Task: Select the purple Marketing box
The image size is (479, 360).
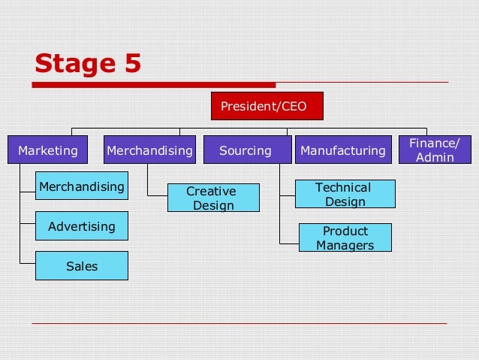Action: tap(48, 150)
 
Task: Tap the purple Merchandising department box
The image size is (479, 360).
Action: tap(149, 150)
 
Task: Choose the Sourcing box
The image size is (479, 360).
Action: tap(246, 150)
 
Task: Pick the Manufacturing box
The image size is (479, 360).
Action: tap(343, 150)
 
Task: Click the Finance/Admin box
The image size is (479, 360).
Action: tap(435, 150)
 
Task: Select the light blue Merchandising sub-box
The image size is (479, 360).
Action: tap(82, 186)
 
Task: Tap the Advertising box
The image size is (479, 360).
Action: tap(82, 225)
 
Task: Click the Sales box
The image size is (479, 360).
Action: tap(82, 266)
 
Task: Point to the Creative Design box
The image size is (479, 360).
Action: tap(212, 198)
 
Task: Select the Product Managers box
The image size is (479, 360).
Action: tap(345, 237)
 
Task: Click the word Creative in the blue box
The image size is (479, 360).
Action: tap(211, 192)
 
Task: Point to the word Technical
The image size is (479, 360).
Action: tap(343, 187)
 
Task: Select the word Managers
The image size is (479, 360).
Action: tap(345, 245)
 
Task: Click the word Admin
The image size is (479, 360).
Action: tap(435, 157)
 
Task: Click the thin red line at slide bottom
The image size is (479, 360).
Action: tap(239, 323)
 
